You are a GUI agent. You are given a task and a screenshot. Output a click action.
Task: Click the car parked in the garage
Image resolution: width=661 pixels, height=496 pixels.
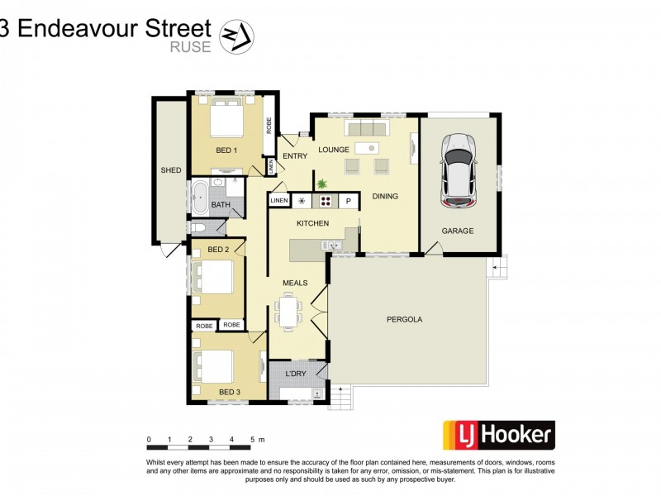[x=459, y=171]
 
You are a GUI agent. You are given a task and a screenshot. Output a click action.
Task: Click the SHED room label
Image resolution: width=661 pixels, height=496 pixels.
[x=170, y=170]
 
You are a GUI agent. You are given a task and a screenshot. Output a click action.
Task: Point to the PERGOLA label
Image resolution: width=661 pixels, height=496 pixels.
[x=404, y=318]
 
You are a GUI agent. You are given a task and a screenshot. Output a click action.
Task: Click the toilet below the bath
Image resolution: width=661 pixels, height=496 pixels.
[x=198, y=227]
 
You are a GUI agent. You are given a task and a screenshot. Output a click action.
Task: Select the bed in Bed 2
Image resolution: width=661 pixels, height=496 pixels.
[x=212, y=277]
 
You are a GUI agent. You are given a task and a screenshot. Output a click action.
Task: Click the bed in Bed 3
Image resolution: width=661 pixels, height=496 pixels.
[x=213, y=365]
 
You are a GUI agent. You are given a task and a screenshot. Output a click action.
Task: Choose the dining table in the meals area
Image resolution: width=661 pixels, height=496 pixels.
[x=289, y=312]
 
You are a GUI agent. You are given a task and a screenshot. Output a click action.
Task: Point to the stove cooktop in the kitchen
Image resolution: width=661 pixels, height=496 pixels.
[x=326, y=201]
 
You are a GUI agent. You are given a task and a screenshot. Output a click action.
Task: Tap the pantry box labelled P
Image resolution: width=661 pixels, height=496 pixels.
[x=349, y=201]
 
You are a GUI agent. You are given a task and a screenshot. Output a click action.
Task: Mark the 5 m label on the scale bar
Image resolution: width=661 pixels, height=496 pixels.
[x=258, y=439]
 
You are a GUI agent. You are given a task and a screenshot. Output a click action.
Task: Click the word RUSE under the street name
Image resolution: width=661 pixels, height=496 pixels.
[x=190, y=47]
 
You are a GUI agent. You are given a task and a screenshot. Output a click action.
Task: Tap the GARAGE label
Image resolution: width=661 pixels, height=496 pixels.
[x=457, y=231]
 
